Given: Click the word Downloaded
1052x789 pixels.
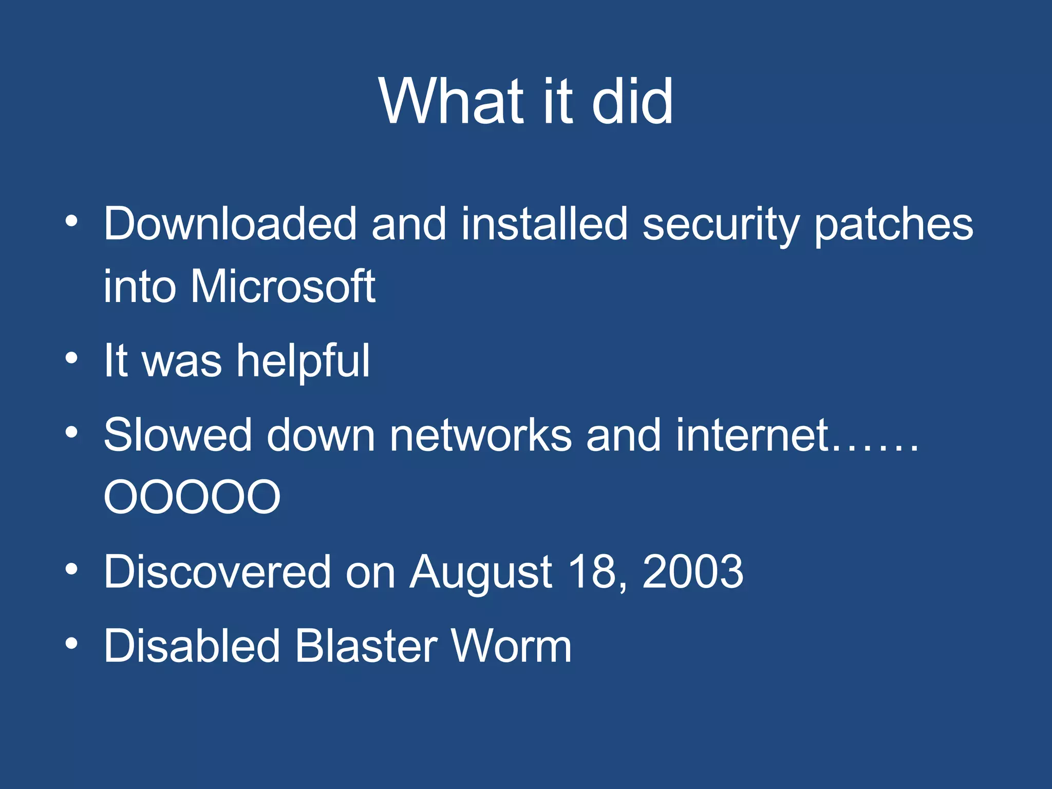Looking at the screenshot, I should [230, 224].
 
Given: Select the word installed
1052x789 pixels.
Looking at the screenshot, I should [544, 224].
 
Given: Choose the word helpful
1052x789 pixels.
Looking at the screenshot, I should [303, 361].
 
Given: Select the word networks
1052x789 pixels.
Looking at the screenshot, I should [480, 435].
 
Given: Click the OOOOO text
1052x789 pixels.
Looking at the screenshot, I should [192, 497].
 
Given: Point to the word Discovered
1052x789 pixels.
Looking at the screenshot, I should [217, 571].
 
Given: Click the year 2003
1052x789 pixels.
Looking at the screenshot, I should [692, 571].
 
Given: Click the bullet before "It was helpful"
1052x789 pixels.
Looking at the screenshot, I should [71, 358].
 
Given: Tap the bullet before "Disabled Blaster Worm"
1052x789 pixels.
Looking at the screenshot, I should [71, 643].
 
